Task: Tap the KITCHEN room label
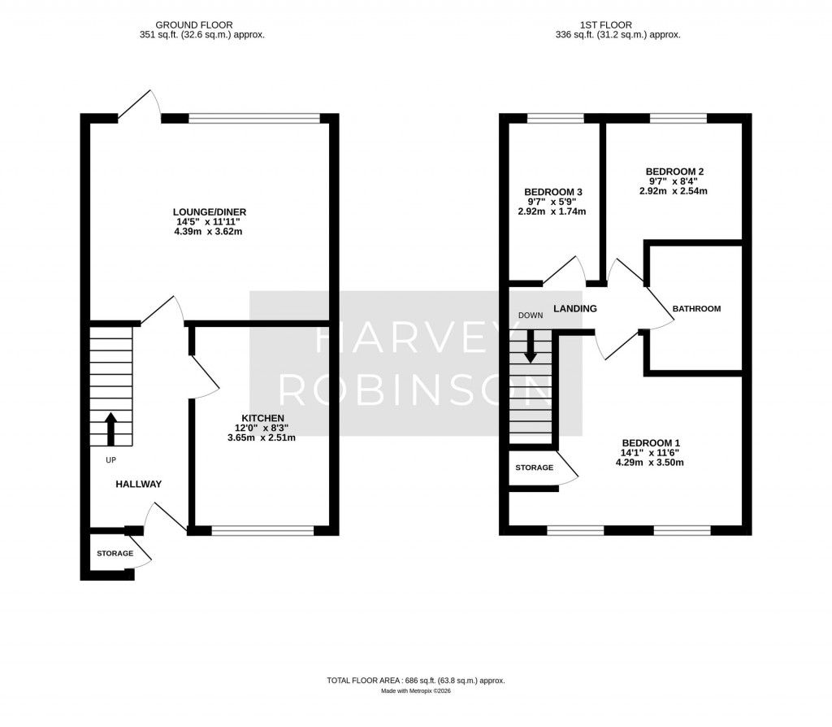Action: tap(262, 417)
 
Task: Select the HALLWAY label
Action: tap(138, 484)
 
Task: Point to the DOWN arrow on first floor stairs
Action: tap(530, 345)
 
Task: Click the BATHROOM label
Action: tap(696, 309)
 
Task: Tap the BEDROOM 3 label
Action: tap(553, 192)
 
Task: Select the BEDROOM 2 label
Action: tap(674, 172)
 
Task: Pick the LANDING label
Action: tap(575, 309)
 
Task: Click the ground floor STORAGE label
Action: tap(115, 554)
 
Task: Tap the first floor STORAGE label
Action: tap(535, 468)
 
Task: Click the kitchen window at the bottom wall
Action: tap(262, 531)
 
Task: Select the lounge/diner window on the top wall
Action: tap(254, 119)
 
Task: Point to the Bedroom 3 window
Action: tap(555, 119)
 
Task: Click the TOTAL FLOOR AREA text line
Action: tap(416, 680)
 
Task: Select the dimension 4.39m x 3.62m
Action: tap(208, 232)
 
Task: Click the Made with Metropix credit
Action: tap(416, 691)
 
